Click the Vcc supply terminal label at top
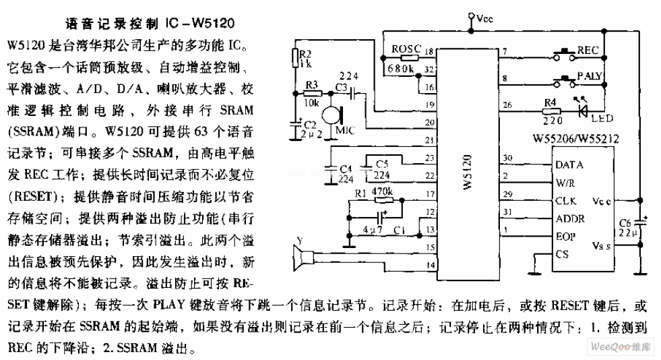(x=484, y=20)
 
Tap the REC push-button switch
(x=565, y=53)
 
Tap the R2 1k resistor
(x=295, y=58)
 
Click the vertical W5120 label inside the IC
(x=467, y=172)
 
